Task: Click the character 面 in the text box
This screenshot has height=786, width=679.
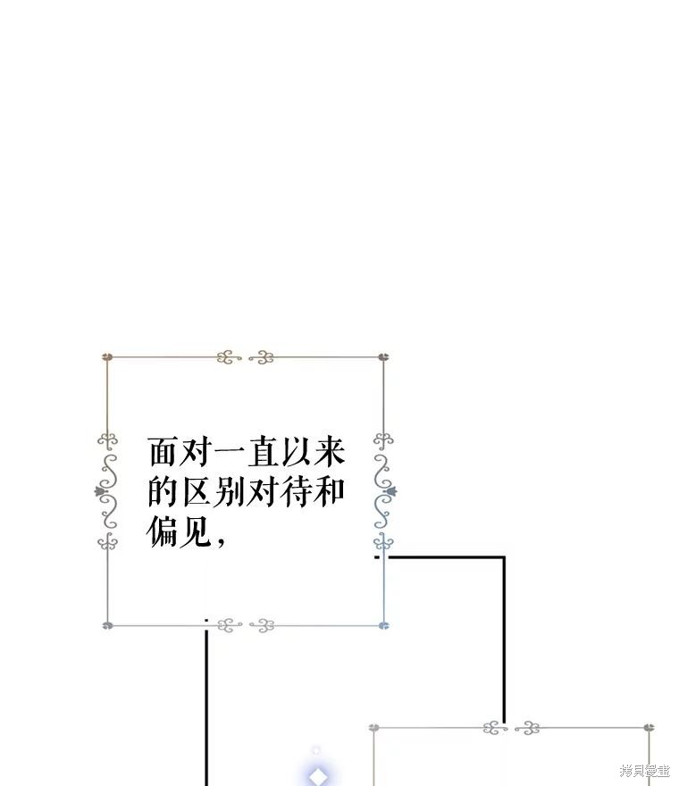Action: pyautogui.click(x=163, y=452)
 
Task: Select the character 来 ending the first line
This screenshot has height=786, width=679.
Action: pyautogui.click(x=330, y=452)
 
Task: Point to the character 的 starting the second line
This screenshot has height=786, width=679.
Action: pyautogui.click(x=163, y=491)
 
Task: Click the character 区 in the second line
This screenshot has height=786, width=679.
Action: pyautogui.click(x=197, y=491)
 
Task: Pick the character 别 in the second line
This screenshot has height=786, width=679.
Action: pyautogui.click(x=230, y=491)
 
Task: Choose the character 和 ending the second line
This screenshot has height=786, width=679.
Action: pyautogui.click(x=330, y=491)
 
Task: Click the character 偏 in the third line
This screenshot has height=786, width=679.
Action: pyautogui.click(x=163, y=531)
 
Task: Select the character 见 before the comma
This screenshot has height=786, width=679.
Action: pyautogui.click(x=197, y=531)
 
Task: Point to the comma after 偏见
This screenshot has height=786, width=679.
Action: pyautogui.click(x=221, y=540)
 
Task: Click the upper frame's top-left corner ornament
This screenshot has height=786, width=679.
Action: pyautogui.click(x=107, y=357)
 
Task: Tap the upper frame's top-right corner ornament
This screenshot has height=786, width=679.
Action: pyautogui.click(x=383, y=357)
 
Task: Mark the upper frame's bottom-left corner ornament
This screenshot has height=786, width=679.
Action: pyautogui.click(x=107, y=625)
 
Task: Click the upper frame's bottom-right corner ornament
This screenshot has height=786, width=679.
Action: pyautogui.click(x=384, y=625)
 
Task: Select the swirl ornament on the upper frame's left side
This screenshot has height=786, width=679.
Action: pyautogui.click(x=107, y=491)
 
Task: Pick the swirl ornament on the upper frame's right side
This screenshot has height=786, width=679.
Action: pyautogui.click(x=384, y=491)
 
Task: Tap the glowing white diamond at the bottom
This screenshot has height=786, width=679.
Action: pyautogui.click(x=317, y=776)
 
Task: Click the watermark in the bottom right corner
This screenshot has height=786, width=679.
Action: pyautogui.click(x=645, y=771)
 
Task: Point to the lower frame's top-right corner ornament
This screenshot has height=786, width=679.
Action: pyautogui.click(x=649, y=727)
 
